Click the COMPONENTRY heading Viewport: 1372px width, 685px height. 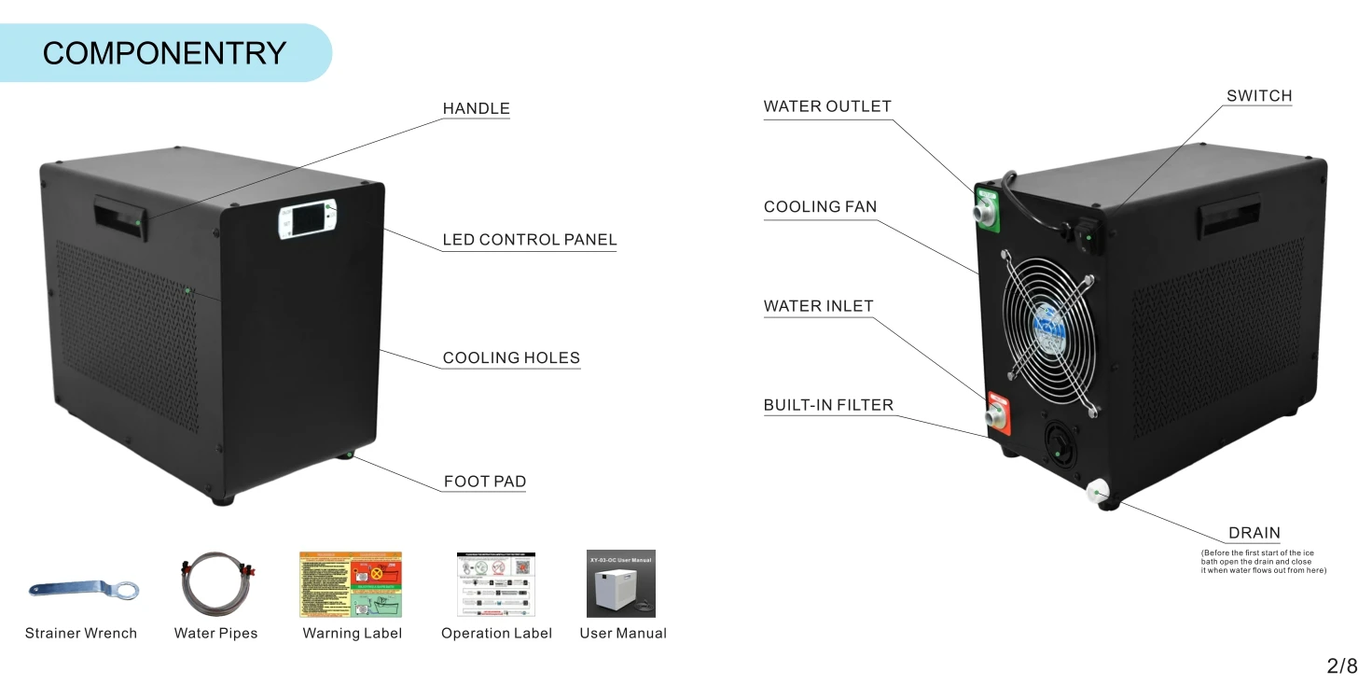click(x=164, y=53)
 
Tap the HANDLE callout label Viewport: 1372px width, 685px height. click(x=476, y=109)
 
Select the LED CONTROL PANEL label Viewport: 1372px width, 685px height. click(x=529, y=240)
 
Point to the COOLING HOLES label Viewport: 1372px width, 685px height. click(x=510, y=358)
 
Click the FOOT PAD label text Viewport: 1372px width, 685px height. click(x=484, y=482)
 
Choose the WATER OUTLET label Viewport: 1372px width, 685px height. click(x=826, y=106)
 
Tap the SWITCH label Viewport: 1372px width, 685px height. click(x=1258, y=96)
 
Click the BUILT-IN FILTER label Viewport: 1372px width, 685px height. click(x=827, y=405)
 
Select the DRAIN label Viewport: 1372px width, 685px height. click(x=1254, y=534)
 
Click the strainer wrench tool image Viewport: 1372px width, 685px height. click(x=83, y=589)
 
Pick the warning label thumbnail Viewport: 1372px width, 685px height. click(x=351, y=584)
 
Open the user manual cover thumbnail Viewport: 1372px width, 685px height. click(x=621, y=584)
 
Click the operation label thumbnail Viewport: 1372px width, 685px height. click(x=495, y=584)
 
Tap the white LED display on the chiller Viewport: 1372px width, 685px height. click(x=307, y=220)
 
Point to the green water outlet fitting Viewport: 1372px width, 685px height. click(x=987, y=209)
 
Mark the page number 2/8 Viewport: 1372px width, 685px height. click(x=1341, y=665)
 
